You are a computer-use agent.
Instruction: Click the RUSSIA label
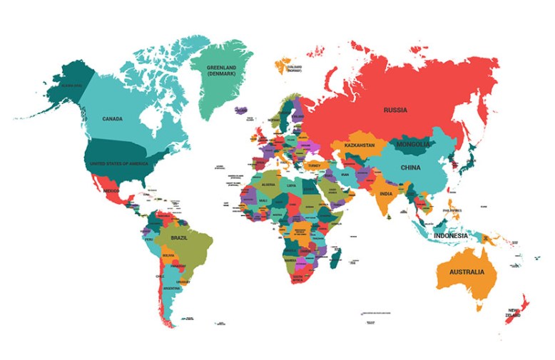pos(395,110)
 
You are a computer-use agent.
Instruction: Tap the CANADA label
pos(113,119)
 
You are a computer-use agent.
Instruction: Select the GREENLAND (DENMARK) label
pos(220,71)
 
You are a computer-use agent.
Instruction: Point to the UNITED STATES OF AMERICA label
pos(118,164)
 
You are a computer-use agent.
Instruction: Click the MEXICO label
pos(111,191)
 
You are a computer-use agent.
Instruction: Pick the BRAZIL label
pos(179,237)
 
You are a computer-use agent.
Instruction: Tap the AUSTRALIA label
pos(466,272)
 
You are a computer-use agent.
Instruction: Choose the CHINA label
pos(410,168)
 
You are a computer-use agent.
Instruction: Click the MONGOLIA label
pos(414,145)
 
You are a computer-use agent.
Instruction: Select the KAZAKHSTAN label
pos(360,145)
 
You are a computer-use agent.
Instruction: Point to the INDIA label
pos(386,194)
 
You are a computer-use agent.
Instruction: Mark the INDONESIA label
pos(451,235)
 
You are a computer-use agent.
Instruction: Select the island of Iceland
pos(240,110)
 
